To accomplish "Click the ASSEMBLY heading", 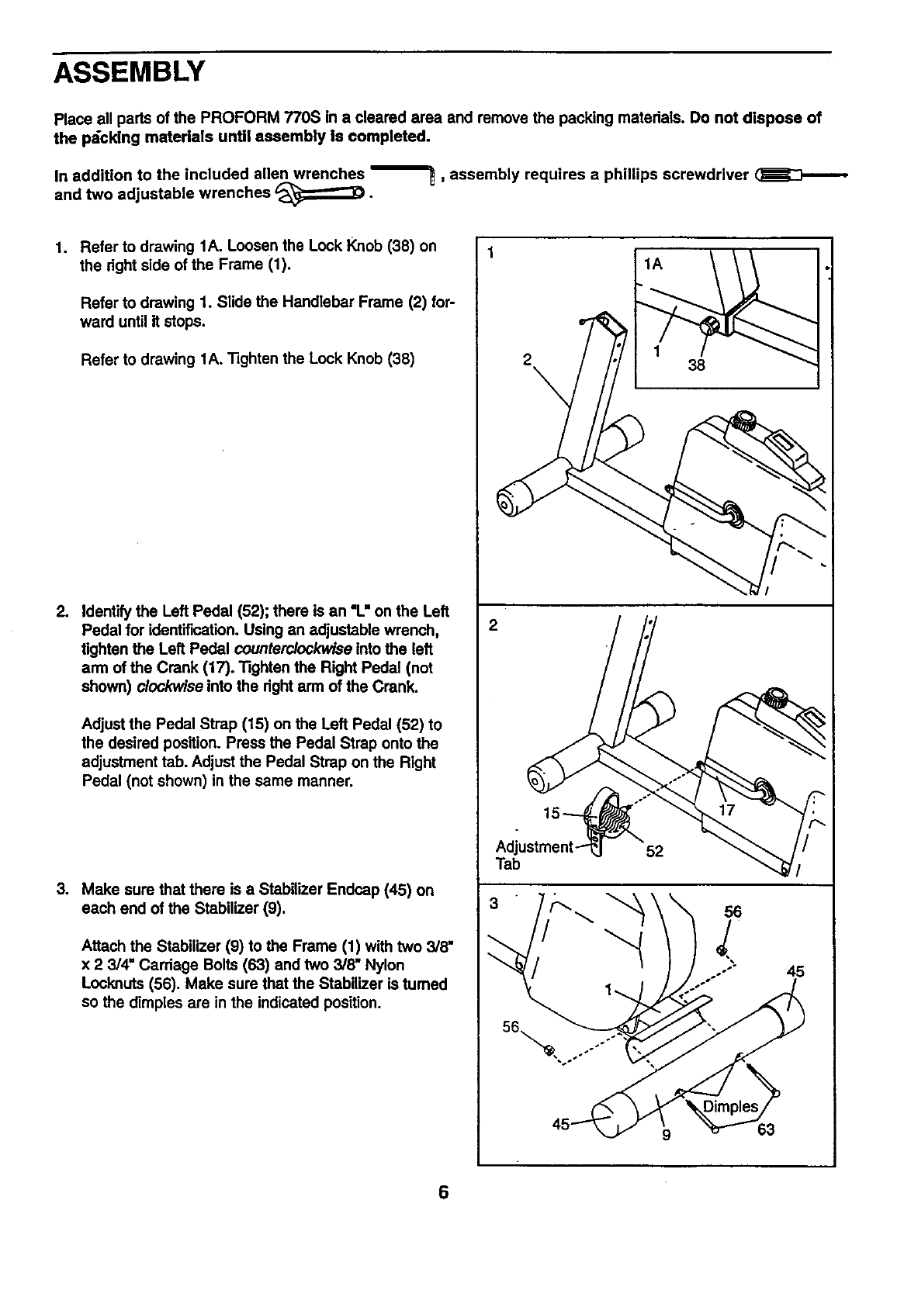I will (129, 72).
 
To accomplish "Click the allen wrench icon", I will (400, 171).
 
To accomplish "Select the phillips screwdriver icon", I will (800, 176).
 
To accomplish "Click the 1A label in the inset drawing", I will (654, 265).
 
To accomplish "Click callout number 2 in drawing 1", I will (528, 360).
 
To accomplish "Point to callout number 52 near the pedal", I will (654, 851).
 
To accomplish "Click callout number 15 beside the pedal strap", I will (552, 813).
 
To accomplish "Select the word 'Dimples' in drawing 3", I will (729, 1106).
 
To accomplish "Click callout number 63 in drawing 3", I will (765, 1129).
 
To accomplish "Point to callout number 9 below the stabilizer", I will (667, 1137).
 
